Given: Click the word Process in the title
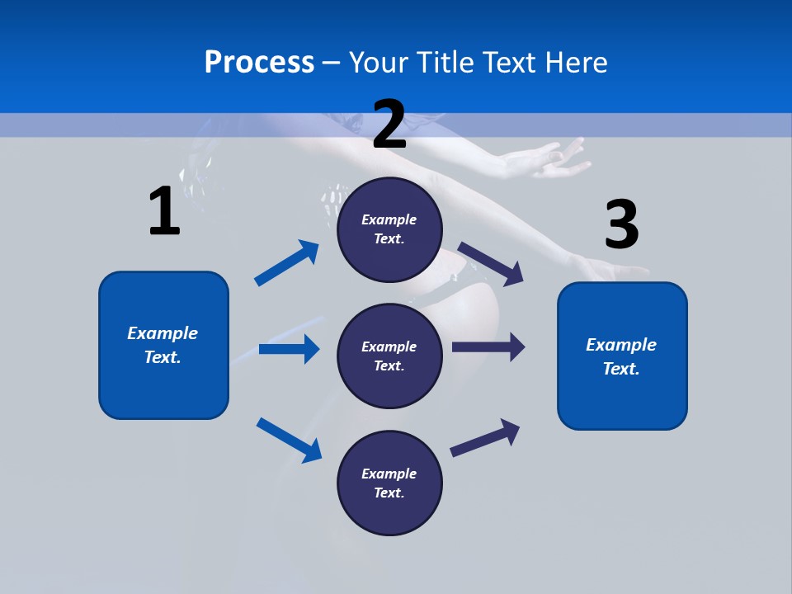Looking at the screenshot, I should [259, 62].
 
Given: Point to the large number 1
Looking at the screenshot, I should [164, 211].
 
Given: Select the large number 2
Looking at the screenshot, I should [389, 125].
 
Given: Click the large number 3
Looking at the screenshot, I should [621, 225].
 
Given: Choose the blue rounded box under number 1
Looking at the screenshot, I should [163, 345].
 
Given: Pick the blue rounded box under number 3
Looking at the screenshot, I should [622, 356].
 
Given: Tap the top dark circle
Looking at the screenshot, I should [389, 229].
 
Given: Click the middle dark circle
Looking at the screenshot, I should [389, 356].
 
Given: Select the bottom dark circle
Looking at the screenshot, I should [389, 483].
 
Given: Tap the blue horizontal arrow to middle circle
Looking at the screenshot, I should [289, 349].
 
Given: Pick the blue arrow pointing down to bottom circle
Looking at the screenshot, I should [290, 440].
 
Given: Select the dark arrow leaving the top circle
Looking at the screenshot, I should [492, 263].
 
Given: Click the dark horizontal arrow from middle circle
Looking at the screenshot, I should [488, 347].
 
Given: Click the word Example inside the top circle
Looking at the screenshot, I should [389, 219].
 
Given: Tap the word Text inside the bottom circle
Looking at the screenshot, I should [388, 493].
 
